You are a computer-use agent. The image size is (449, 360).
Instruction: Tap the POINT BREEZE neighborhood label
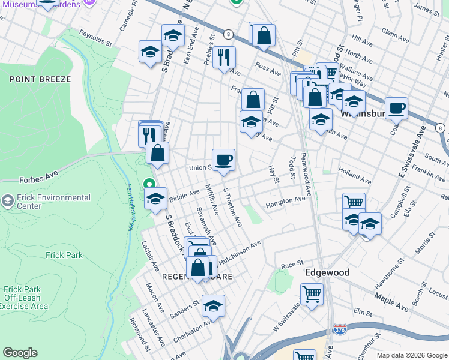click(x=40, y=79)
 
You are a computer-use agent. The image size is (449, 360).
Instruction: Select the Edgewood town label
click(x=327, y=272)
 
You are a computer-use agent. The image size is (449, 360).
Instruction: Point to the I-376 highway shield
click(x=339, y=329)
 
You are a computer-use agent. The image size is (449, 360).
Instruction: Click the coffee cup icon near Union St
click(x=223, y=160)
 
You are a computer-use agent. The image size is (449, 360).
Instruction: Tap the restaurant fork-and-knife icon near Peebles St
click(x=224, y=58)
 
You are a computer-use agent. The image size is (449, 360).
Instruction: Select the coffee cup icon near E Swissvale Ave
click(x=396, y=109)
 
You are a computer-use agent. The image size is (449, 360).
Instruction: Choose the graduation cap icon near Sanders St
click(x=213, y=307)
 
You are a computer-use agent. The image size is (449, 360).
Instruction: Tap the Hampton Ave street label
click(x=285, y=203)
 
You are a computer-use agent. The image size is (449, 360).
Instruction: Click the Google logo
click(x=20, y=352)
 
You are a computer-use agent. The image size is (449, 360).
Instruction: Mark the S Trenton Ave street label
click(x=232, y=208)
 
